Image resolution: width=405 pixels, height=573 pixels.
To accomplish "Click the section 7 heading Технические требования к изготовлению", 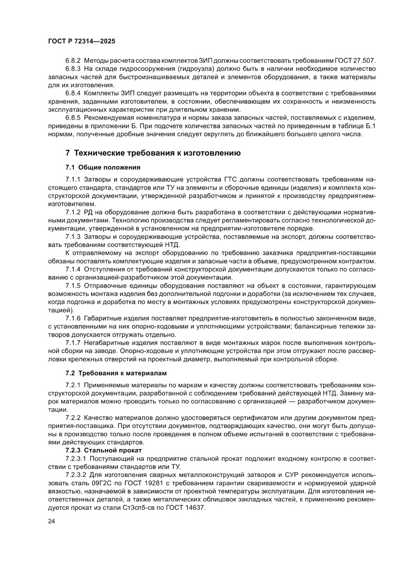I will click(153, 153).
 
